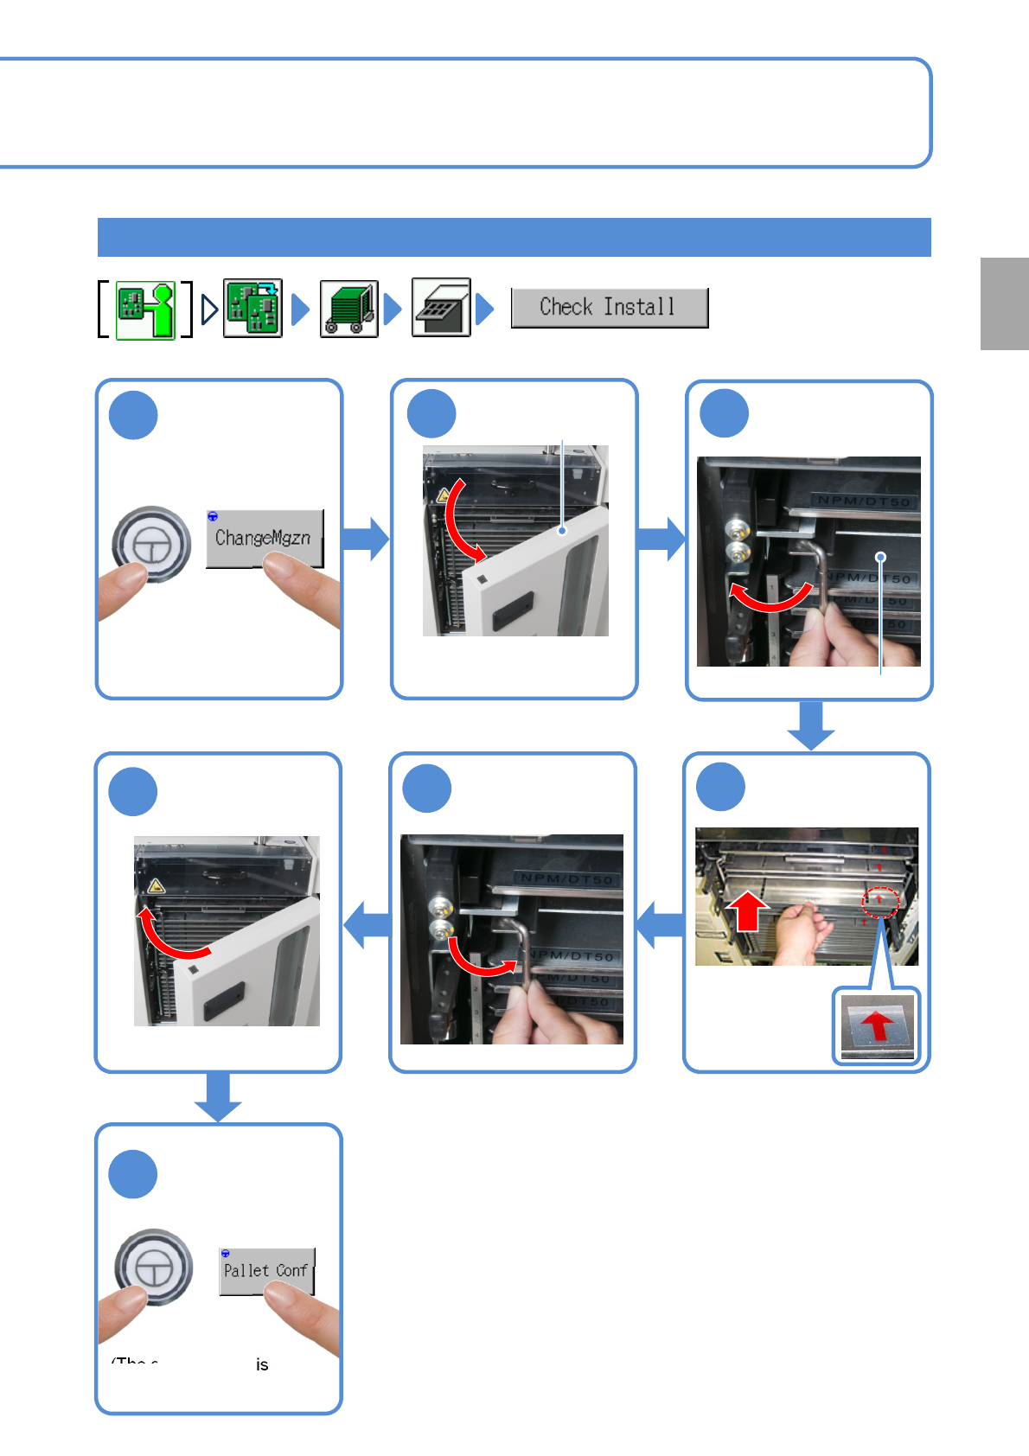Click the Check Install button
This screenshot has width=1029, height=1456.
pos(609,308)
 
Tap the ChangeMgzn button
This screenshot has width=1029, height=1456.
pos(264,538)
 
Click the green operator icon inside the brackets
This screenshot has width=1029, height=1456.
pos(145,310)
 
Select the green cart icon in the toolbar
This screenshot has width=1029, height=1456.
pos(348,308)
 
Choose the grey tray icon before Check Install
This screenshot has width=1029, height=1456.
pos(441,307)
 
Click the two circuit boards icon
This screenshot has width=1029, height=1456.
pos(252,308)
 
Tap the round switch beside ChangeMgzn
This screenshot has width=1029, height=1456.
pos(151,545)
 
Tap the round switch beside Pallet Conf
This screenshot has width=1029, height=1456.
pos(154,1268)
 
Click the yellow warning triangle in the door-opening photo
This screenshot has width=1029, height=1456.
pos(444,496)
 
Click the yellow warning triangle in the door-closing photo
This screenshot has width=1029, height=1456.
pos(156,886)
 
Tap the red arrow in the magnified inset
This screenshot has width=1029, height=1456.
pos(878,1026)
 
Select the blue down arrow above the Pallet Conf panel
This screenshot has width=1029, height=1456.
pos(218,1096)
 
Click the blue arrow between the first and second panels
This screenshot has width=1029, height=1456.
pos(366,539)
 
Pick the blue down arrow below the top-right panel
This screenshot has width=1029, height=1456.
pos(811,725)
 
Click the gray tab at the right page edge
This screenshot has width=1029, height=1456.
pos(1004,303)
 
